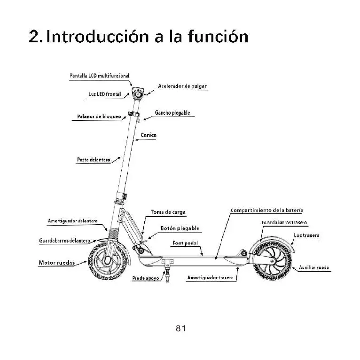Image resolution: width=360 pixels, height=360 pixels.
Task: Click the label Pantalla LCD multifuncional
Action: point(99,76)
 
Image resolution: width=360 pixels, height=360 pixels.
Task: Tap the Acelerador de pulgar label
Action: point(182,86)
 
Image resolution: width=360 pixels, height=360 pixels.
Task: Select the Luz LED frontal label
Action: point(105,94)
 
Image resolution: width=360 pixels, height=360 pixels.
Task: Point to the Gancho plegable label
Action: point(172,113)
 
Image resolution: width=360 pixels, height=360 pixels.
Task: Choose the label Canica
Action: point(149,135)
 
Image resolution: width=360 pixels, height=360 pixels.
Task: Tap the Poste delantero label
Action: point(94,160)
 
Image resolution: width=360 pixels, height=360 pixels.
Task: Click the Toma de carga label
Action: point(168,212)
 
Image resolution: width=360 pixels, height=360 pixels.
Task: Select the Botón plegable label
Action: point(180,228)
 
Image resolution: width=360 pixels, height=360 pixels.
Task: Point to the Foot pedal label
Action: point(185,243)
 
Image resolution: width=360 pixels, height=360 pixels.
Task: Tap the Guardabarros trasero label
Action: point(284,222)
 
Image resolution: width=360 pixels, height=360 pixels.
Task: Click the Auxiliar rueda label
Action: point(314,267)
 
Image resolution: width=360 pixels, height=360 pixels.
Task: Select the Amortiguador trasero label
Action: point(210,278)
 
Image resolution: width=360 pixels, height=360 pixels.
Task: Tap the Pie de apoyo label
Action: point(145,278)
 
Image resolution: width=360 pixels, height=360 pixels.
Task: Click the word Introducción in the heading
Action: point(100,37)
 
